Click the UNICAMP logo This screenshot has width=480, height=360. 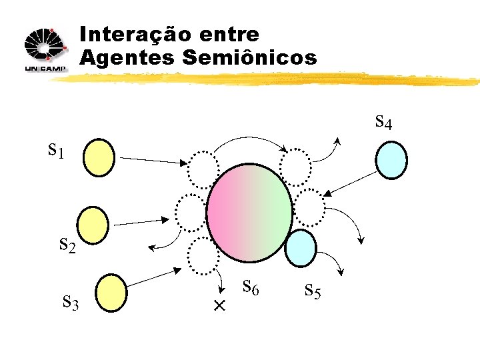[45, 50]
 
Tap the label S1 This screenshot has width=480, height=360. [57, 151]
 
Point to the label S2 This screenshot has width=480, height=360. [67, 246]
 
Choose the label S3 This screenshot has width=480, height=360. [71, 304]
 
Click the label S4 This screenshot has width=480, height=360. [383, 123]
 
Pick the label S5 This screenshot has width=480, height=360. [313, 290]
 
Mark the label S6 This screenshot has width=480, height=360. [251, 288]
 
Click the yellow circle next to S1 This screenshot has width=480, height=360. [99, 157]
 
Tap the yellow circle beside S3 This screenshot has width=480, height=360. [111, 293]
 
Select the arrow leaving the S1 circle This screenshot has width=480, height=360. [153, 160]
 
